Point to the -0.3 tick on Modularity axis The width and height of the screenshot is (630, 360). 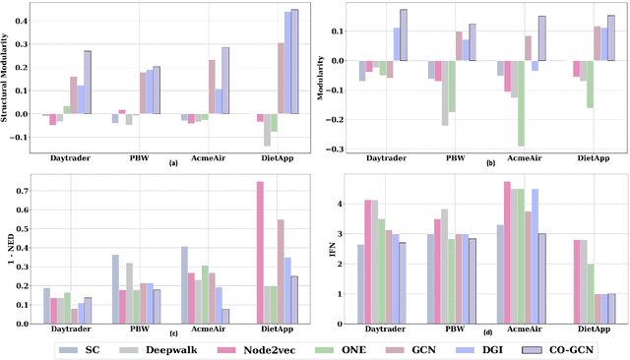[x=344, y=150]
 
